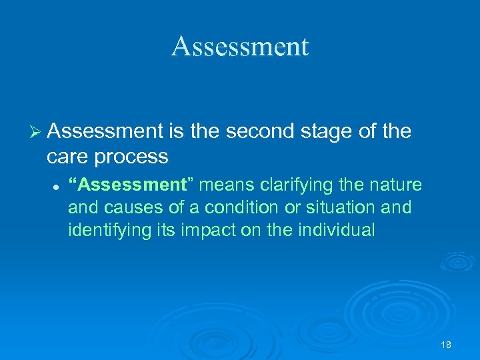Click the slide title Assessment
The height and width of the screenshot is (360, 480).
[x=240, y=47]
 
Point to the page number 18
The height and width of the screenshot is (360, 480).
[x=446, y=345]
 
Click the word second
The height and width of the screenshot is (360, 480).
[x=260, y=132]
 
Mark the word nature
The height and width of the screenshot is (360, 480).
[x=397, y=185]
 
